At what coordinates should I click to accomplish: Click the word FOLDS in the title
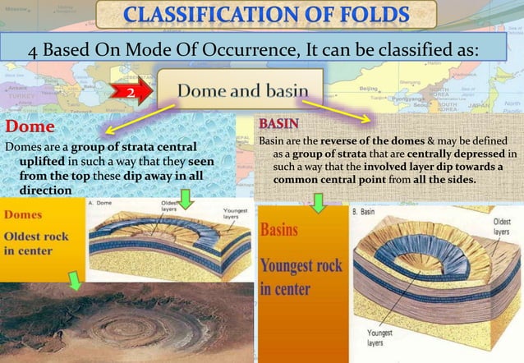coord(362,17)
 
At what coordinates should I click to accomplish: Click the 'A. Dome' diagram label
coord(106,201)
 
